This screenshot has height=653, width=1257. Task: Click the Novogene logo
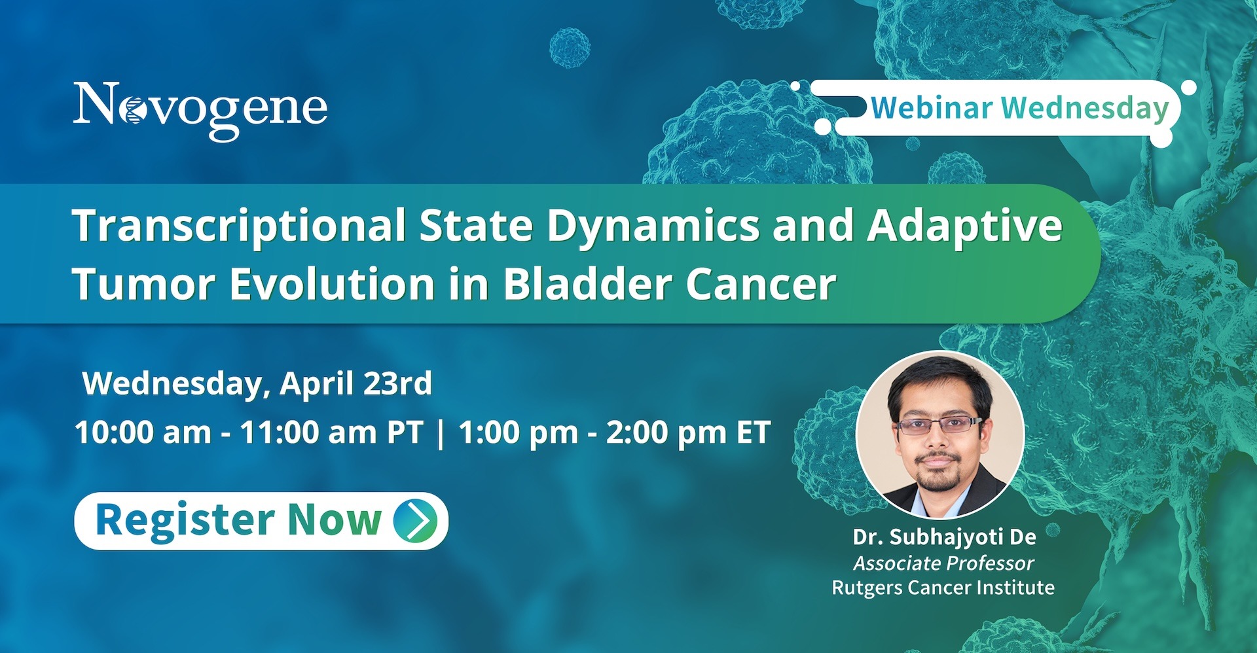200,110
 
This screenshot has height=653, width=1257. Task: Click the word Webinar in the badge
932,107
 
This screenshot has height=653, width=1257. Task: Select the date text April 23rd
356,383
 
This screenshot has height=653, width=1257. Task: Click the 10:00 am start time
143,432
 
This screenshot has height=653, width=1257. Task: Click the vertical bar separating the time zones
441,433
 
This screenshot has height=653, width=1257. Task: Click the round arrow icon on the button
416,520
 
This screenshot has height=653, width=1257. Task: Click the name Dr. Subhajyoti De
944,537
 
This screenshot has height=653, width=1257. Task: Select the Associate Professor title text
943,563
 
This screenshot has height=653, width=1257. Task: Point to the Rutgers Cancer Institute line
943,588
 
